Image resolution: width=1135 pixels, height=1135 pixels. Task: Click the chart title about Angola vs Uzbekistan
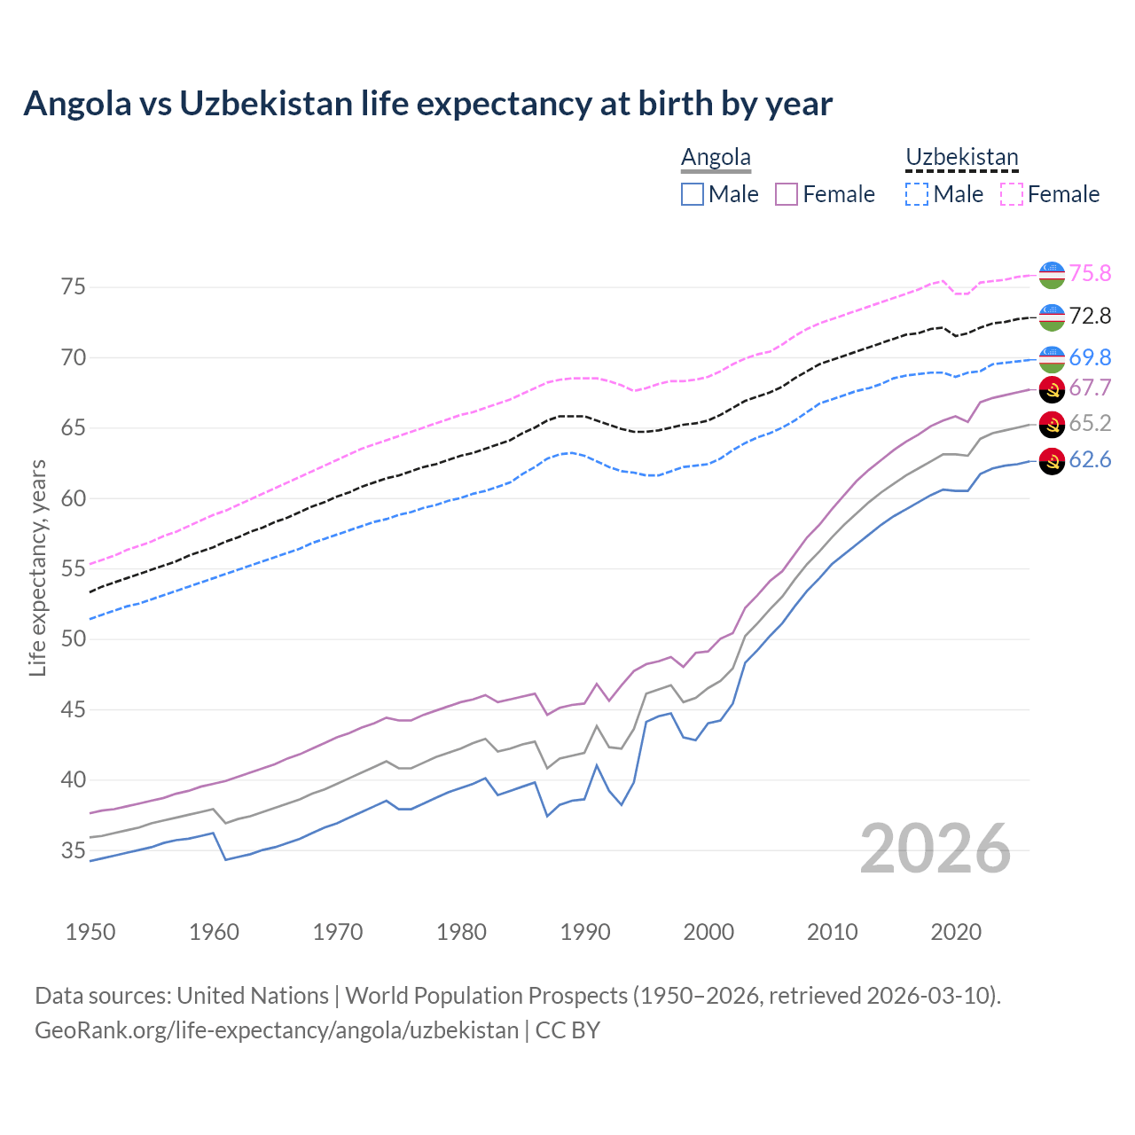(427, 104)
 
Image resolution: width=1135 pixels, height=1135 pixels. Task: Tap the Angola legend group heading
(716, 158)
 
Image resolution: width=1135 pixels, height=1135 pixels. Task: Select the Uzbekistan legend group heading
(961, 158)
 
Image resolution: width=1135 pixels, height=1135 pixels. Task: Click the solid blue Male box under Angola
(693, 194)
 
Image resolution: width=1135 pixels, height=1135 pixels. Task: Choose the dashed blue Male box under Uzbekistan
(917, 194)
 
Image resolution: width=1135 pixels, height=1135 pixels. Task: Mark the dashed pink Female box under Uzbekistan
(1012, 194)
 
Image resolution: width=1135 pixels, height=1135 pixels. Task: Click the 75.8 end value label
(1090, 273)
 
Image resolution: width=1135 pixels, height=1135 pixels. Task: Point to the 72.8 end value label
(1090, 316)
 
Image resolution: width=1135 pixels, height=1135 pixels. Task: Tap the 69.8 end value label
(1090, 357)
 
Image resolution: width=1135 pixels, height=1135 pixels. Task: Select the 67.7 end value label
(1090, 387)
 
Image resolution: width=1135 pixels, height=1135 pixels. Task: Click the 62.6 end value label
(1090, 459)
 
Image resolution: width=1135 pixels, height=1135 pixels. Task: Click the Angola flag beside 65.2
(1052, 424)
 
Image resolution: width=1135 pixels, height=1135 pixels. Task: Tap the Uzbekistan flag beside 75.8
(1052, 274)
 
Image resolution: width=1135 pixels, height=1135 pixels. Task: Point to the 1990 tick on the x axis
(585, 932)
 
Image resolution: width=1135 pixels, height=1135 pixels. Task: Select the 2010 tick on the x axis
(832, 932)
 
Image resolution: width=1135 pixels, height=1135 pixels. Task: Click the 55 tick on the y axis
(74, 568)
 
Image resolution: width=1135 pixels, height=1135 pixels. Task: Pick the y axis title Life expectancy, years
(37, 567)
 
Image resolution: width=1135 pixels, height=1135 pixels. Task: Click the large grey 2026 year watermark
(935, 849)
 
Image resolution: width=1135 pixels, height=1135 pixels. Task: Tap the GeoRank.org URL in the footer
(277, 1030)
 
